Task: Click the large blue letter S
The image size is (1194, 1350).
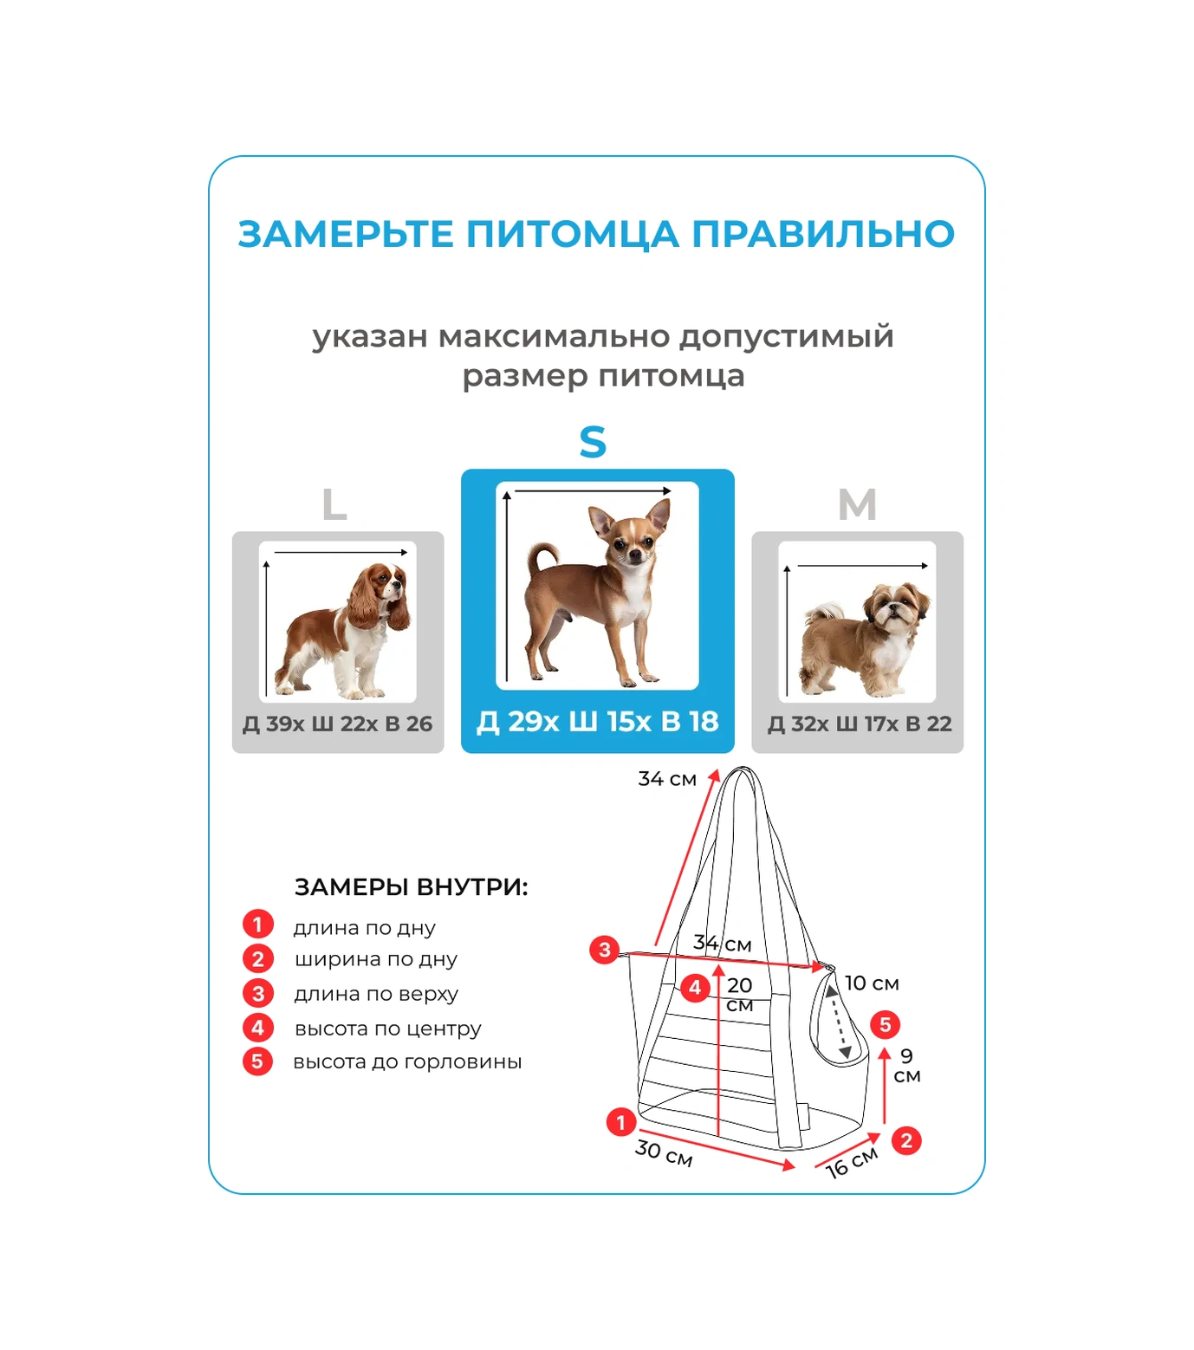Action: coord(593,442)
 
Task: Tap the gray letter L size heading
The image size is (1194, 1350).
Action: coord(334,504)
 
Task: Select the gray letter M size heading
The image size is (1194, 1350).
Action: coord(857,504)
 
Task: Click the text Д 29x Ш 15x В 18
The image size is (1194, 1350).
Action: coord(597,721)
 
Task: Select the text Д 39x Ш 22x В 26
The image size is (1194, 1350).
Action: coord(337,724)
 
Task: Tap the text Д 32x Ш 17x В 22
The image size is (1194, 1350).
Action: coord(859,724)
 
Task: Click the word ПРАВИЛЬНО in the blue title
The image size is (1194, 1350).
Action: coord(823,234)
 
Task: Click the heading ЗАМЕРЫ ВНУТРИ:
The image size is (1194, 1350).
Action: coord(411,887)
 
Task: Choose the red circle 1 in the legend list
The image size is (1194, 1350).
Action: coord(257,925)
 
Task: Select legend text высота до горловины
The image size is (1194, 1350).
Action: coord(407,1061)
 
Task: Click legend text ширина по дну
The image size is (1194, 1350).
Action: coord(375,959)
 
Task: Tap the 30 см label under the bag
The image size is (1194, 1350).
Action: coord(664,1153)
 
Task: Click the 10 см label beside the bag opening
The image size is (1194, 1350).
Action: coord(872,983)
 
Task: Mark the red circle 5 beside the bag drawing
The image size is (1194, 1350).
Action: coord(885,1024)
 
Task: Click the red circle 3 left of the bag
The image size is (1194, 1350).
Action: coord(604,949)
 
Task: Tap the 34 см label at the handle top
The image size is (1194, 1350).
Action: coord(667,779)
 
